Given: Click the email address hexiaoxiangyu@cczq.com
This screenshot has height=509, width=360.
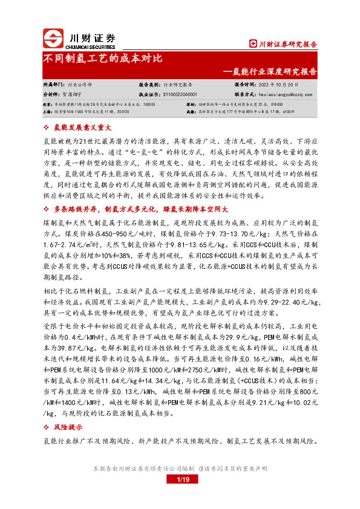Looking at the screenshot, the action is [x=290, y=94].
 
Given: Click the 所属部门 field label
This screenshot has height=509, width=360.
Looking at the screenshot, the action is [x=53, y=85].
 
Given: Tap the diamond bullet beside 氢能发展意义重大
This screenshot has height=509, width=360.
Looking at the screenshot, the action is [x=48, y=128].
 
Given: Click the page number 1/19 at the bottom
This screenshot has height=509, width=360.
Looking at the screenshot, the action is [x=182, y=479].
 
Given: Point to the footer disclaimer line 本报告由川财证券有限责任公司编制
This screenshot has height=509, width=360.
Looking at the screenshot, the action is [x=180, y=468].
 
